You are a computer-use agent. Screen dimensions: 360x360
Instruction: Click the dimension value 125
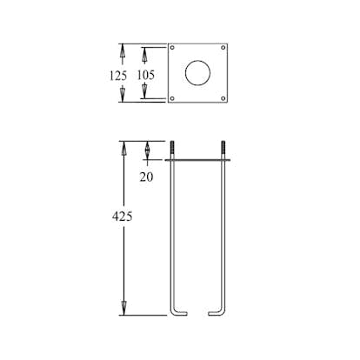(118, 76)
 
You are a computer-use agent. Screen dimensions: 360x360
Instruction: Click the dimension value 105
(146, 75)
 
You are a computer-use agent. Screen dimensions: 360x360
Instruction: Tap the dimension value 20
(146, 177)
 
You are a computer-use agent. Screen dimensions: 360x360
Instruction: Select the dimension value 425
(123, 217)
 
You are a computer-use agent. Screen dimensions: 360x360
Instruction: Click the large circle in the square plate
(197, 60)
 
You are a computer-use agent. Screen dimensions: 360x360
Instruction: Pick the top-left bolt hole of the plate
(172, 48)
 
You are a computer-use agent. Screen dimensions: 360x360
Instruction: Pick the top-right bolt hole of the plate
(223, 48)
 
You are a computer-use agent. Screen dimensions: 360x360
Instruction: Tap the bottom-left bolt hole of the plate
(172, 98)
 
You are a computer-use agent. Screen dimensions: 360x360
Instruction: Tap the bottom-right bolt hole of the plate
(223, 98)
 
